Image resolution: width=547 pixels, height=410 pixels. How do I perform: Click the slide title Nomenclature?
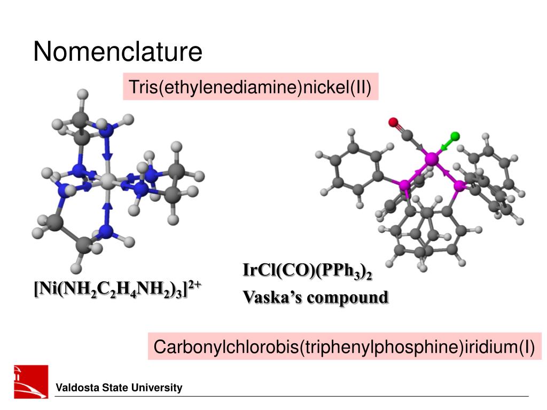point(118,52)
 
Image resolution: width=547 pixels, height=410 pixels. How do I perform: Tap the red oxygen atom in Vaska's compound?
point(393,122)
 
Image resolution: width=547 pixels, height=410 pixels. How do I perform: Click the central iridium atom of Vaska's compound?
point(432,159)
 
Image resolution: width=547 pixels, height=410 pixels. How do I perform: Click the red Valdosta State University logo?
point(31,381)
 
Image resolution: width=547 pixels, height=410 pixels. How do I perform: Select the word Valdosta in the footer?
point(78,388)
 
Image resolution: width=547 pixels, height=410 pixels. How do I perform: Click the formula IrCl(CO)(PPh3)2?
point(307,271)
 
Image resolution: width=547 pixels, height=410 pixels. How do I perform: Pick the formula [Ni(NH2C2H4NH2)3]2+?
point(118,289)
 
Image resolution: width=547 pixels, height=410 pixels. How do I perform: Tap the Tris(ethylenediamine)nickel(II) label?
point(250,86)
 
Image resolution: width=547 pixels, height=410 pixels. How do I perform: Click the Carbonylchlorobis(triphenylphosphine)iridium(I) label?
point(345,346)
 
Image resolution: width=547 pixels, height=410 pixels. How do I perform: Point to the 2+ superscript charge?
point(194,285)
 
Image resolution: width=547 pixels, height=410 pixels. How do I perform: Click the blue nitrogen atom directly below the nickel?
point(106,231)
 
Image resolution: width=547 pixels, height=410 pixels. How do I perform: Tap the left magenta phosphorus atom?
point(405,185)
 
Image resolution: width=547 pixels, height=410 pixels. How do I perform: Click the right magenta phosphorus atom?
point(459,186)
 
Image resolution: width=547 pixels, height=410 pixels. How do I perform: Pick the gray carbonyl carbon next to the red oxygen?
point(407,135)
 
